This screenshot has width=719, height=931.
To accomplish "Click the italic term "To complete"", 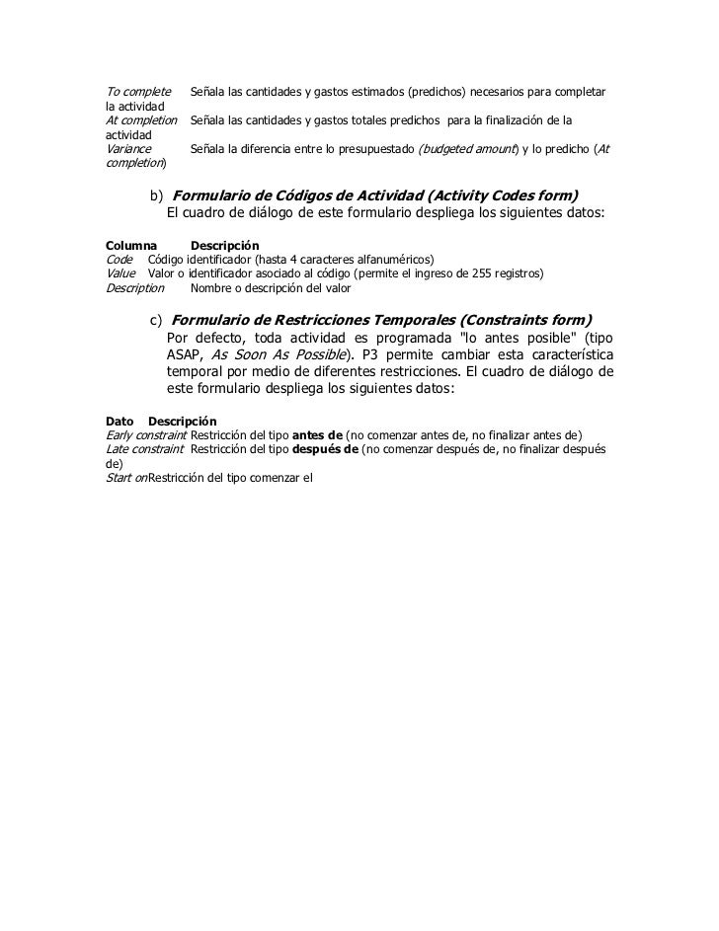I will point(137,92).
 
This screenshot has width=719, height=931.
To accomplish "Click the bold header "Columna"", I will point(130,244).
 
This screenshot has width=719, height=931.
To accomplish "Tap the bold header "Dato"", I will point(120,422).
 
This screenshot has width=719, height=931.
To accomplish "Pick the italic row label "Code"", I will point(119,259).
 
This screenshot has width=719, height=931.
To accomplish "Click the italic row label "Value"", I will point(120,273).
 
